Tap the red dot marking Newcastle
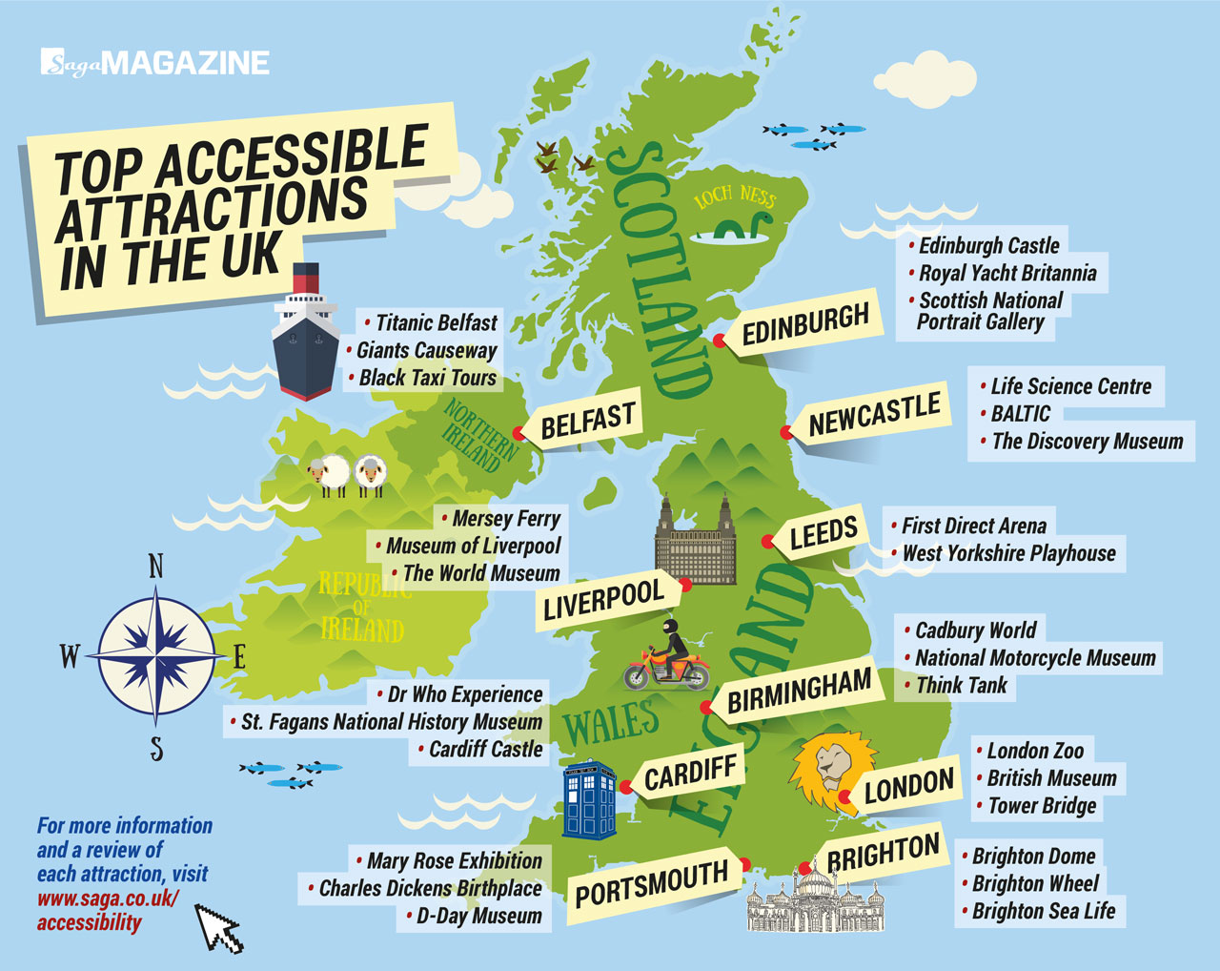[x=786, y=432]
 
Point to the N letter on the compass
[x=156, y=568]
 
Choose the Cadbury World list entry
[x=974, y=630]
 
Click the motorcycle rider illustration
[x=668, y=657]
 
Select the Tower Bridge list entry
[x=1041, y=806]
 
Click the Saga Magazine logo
[x=155, y=63]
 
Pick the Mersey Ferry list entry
[x=505, y=519]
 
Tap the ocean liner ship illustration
[x=305, y=334]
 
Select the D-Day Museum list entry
[x=478, y=917]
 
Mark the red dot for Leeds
[x=767, y=542]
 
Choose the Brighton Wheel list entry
[x=1035, y=884]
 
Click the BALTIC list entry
[x=1020, y=414]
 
